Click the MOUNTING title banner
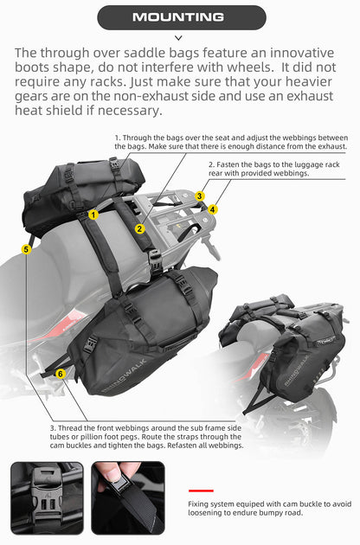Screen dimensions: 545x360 click(x=179, y=16)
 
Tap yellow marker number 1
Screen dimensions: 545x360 click(x=93, y=213)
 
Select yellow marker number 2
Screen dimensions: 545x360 click(x=139, y=228)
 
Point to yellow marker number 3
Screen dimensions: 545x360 click(x=199, y=196)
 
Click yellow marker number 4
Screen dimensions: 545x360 click(x=213, y=208)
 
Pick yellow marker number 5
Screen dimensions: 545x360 click(x=27, y=248)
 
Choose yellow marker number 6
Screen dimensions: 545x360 click(x=60, y=373)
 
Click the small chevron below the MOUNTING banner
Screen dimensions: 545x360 click(x=179, y=38)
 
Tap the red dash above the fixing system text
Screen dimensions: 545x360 click(x=200, y=490)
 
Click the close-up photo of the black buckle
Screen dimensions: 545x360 click(x=47, y=497)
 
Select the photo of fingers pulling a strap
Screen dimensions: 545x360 click(x=128, y=497)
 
